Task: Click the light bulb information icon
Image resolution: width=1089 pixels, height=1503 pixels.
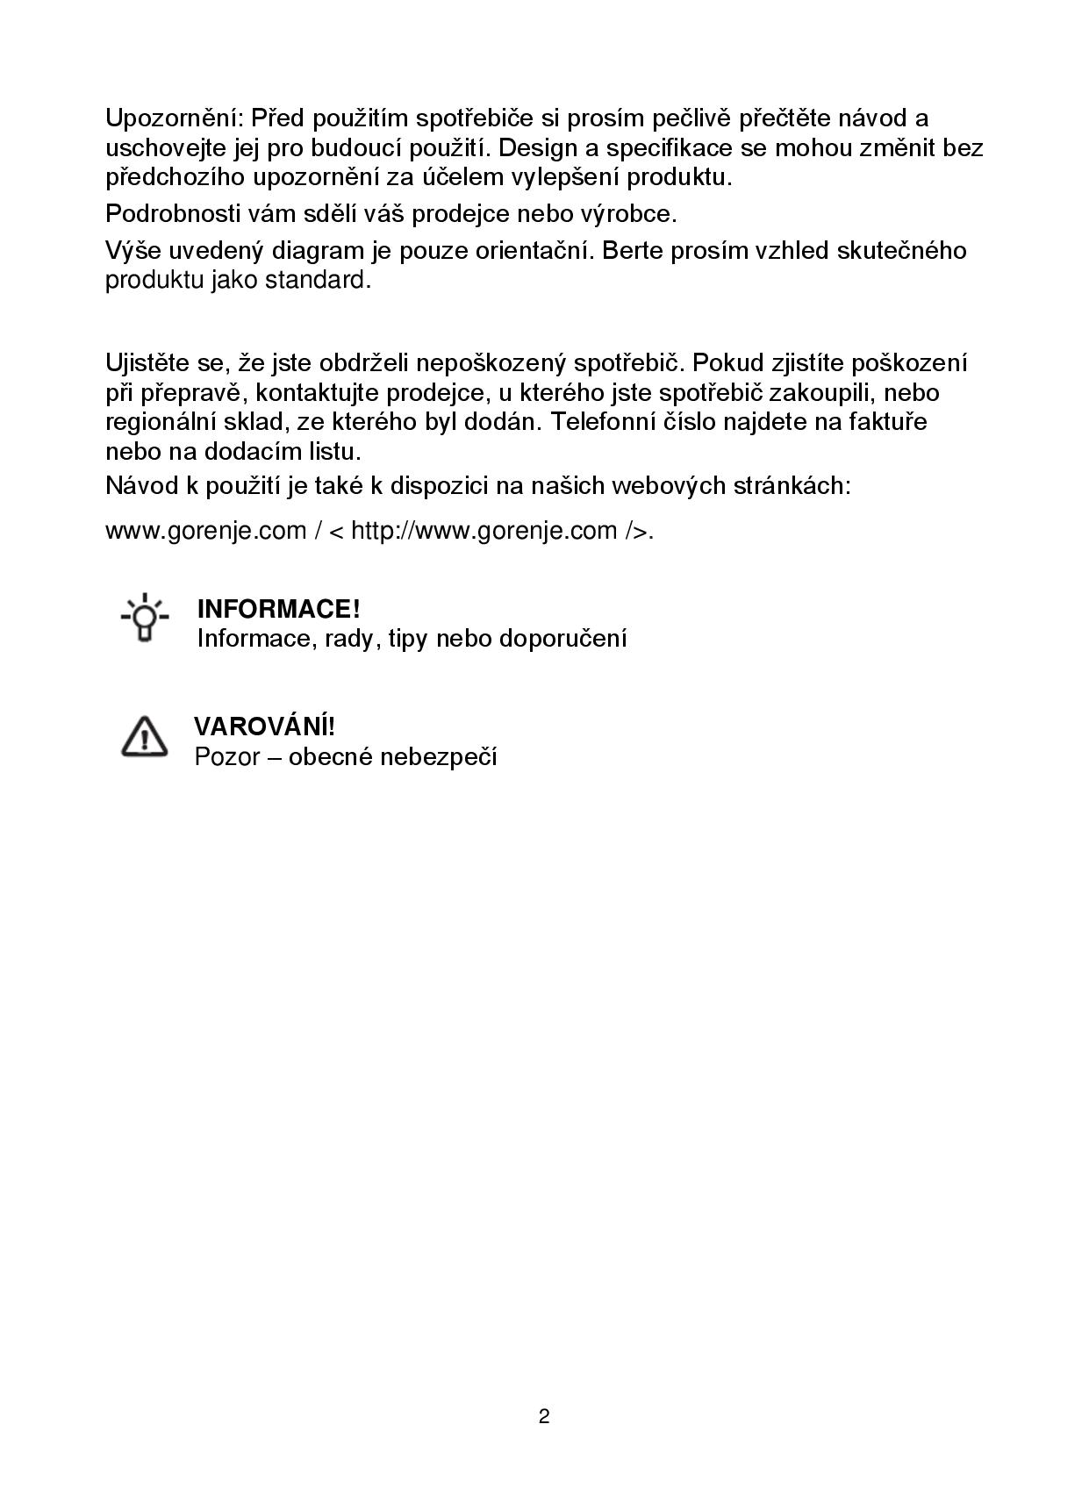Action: coord(145,619)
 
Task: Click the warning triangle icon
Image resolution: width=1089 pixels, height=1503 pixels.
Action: coord(144,737)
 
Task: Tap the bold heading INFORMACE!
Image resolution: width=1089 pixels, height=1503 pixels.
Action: coord(279,609)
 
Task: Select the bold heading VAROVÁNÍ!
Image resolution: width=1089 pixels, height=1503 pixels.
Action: coord(264,726)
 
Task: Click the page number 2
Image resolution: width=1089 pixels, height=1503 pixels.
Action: coord(544,1416)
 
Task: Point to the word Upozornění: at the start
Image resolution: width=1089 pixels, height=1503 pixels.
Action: coord(174,118)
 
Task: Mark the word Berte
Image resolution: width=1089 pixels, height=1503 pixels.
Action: coord(633,251)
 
